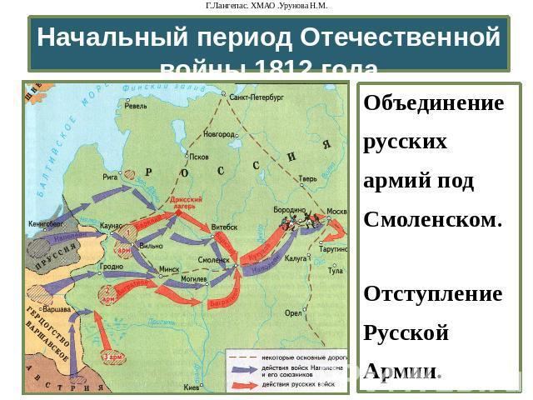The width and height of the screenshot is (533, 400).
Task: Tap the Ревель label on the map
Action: (x=136, y=107)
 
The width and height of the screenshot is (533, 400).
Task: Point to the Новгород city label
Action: (x=218, y=133)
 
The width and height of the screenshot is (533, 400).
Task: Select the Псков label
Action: (x=199, y=157)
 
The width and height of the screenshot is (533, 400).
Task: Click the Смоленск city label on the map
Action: (x=213, y=260)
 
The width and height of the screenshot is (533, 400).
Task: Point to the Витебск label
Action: (x=224, y=227)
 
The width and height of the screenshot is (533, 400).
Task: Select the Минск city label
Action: (x=170, y=270)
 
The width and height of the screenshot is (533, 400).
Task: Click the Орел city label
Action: (x=294, y=313)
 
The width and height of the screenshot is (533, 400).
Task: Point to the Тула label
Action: (x=336, y=271)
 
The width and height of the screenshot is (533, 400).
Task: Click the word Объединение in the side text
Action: (x=434, y=105)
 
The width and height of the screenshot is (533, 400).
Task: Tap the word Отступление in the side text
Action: (x=433, y=295)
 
